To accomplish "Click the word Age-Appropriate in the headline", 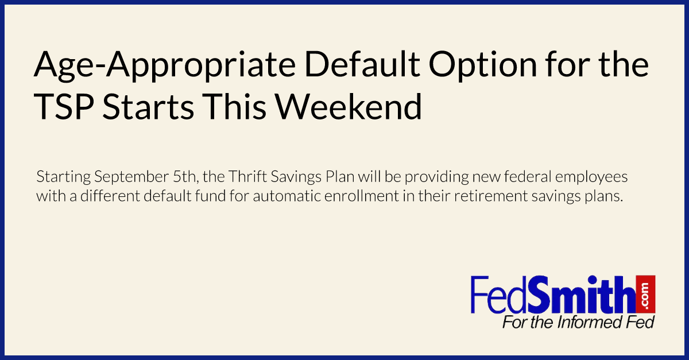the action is click(165, 65).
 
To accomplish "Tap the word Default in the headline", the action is click(362, 64).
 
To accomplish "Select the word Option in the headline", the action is click(483, 65).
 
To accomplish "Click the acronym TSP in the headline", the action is click(64, 106).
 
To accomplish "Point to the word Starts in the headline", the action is click(148, 106).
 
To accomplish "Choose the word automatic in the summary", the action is click(287, 196).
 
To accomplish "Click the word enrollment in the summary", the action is click(362, 196).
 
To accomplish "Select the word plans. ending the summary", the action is click(603, 196).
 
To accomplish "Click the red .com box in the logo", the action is click(645, 294).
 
